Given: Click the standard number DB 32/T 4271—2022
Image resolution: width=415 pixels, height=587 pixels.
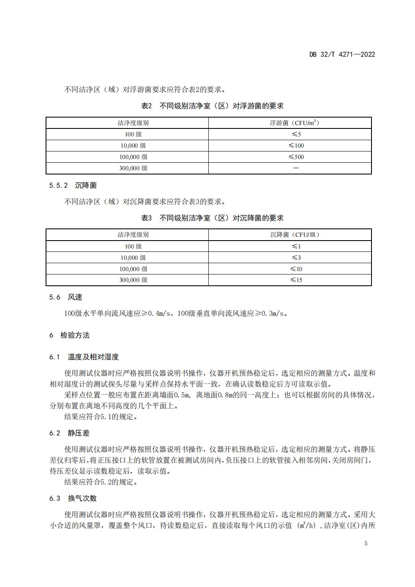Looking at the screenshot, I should point(342,54).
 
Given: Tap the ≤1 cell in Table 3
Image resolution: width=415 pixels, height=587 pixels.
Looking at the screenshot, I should point(296,246).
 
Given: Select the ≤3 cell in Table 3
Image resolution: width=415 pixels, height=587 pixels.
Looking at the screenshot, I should point(296,258).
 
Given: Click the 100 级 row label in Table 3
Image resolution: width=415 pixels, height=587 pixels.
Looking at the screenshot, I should point(133,246).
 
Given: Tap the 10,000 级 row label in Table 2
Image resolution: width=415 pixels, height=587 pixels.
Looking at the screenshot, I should point(133,146).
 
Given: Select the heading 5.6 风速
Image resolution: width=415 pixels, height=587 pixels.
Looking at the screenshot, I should point(66,297).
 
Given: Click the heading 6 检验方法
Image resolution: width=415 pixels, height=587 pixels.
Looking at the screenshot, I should point(69,335).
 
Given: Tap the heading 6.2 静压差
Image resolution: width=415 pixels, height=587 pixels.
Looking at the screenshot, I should point(69,433).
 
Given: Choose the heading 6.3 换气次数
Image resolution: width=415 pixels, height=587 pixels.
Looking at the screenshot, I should point(73,498).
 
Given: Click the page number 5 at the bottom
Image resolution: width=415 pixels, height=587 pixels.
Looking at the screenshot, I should point(366,543).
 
